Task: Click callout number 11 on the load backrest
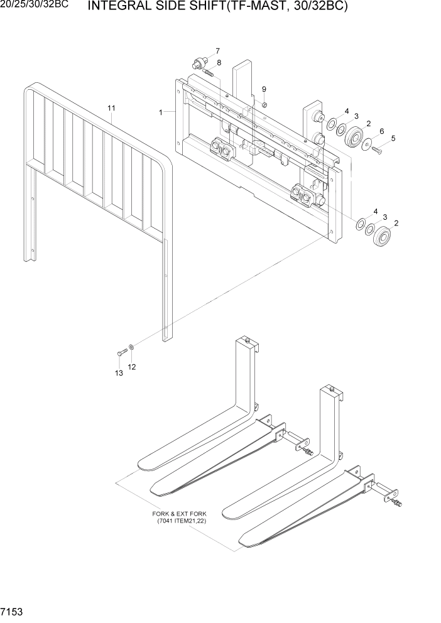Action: tap(111, 109)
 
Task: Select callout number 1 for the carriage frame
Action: tap(161, 112)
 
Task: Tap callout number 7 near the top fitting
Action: tap(217, 50)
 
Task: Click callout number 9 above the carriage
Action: tap(264, 89)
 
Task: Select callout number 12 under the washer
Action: tap(132, 366)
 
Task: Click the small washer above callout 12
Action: tap(131, 347)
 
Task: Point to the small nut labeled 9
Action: tap(265, 104)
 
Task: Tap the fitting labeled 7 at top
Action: tap(199, 62)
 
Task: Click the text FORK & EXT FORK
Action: tap(182, 513)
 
